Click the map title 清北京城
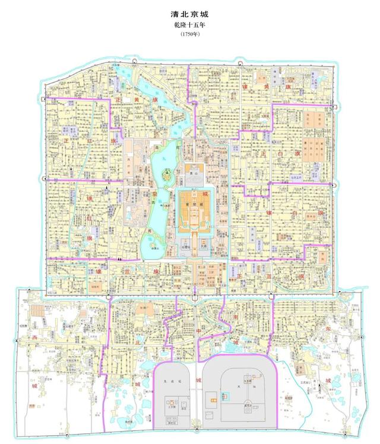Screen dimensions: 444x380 [189, 12]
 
